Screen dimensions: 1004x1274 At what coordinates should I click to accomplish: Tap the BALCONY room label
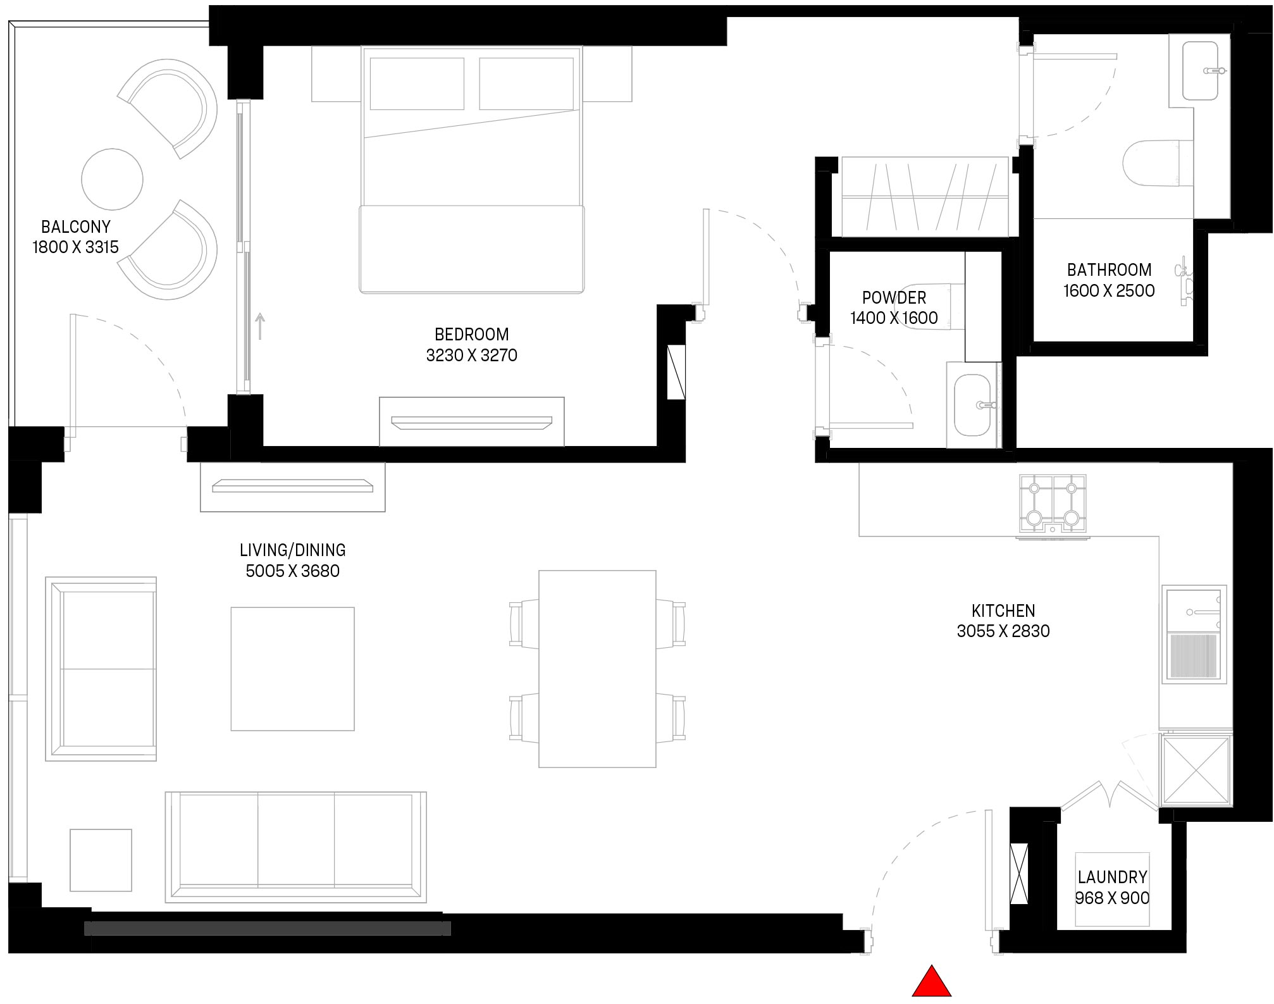point(75,226)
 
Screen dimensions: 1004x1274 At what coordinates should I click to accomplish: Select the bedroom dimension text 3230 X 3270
point(471,356)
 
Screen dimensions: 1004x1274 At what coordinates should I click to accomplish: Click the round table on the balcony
point(113,179)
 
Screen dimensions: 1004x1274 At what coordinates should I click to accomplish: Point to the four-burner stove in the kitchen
point(1052,503)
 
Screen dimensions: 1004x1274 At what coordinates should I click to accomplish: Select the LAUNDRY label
point(1112,877)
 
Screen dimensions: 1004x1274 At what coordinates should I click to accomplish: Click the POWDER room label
point(894,297)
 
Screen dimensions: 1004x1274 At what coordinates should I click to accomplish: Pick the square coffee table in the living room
point(292,669)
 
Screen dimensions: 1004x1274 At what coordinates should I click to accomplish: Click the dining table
point(597,669)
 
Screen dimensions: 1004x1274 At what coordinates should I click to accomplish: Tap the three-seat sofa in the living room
point(295,846)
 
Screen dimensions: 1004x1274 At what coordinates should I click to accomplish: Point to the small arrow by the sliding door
point(259,325)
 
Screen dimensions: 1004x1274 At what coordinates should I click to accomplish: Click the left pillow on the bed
point(417,84)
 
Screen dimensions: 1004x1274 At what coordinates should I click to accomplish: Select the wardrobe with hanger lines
point(924,197)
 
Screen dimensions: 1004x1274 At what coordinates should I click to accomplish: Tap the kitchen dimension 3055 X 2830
point(1003,631)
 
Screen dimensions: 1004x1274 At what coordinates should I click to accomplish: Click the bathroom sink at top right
point(1200,71)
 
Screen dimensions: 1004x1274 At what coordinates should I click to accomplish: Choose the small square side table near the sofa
point(101,860)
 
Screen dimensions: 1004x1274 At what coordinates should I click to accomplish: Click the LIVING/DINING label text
point(292,550)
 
